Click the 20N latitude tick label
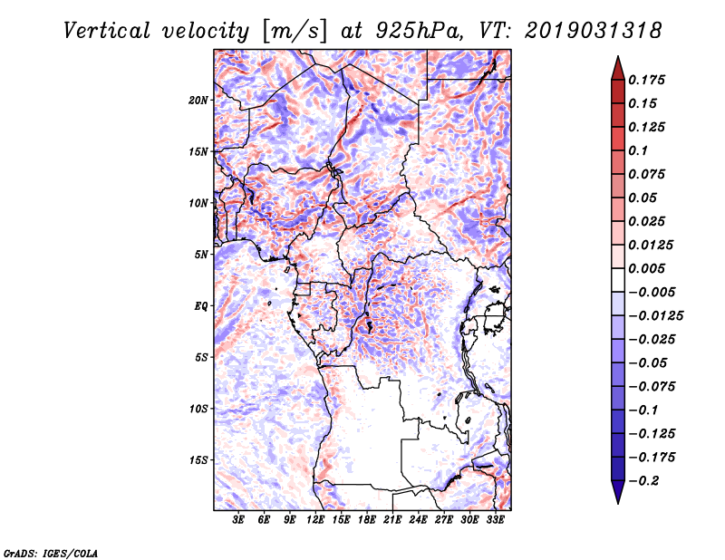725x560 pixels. (198, 100)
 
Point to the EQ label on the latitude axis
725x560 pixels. (200, 305)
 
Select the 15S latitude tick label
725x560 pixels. (198, 459)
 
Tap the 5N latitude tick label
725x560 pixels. (201, 254)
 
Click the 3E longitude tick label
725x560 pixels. (239, 519)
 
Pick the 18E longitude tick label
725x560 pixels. (367, 519)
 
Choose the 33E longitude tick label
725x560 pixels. (495, 519)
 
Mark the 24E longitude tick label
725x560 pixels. (418, 519)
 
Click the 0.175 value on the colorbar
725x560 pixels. (650, 80)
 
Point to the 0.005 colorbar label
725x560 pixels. (650, 268)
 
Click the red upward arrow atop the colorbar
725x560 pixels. (617, 66)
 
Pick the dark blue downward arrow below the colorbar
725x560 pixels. (617, 492)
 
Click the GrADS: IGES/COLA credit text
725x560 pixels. (51, 552)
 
